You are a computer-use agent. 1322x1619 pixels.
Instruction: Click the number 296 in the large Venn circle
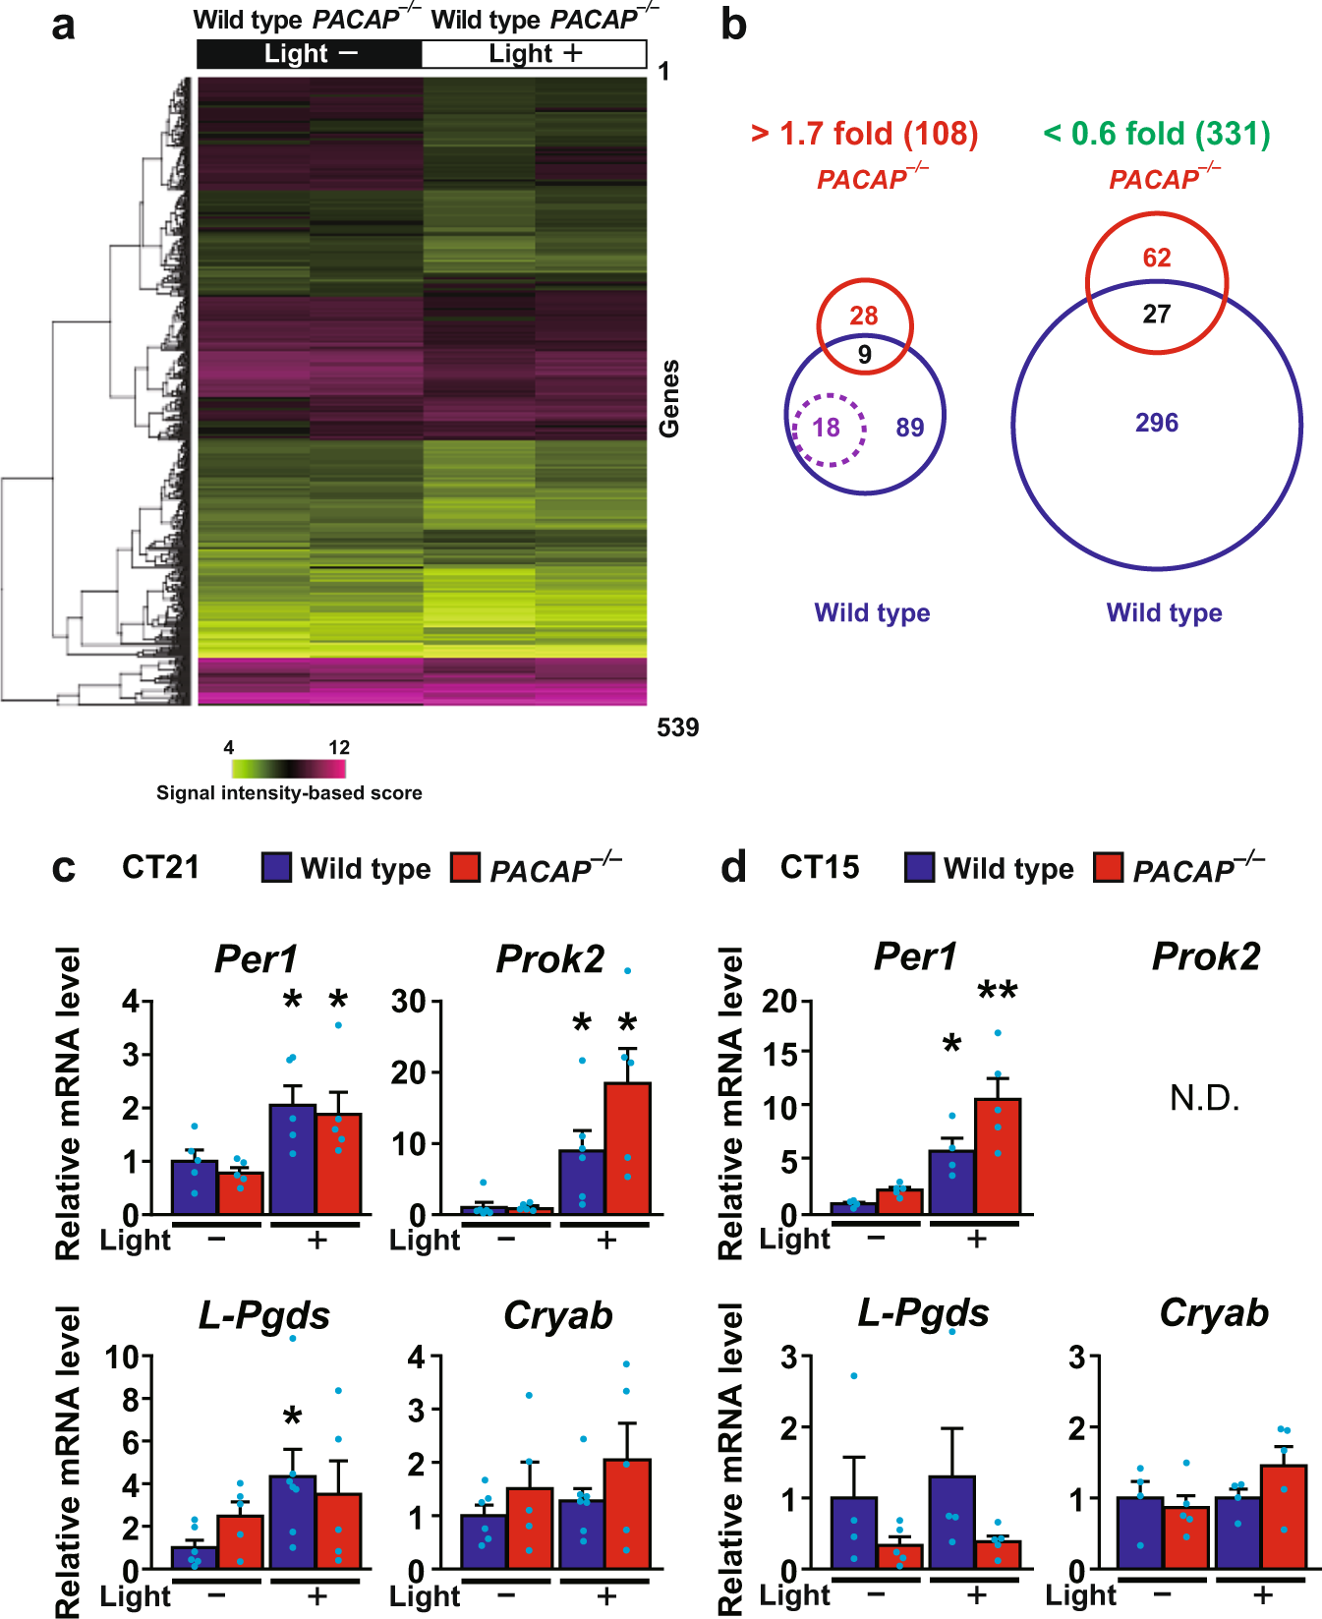click(x=1157, y=423)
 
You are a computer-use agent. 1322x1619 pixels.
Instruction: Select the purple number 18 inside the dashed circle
click(x=827, y=428)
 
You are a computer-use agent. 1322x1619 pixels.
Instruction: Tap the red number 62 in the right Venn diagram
click(x=1157, y=258)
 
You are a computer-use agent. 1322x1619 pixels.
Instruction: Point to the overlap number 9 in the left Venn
click(x=865, y=355)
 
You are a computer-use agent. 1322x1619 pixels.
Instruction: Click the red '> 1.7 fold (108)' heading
click(x=864, y=134)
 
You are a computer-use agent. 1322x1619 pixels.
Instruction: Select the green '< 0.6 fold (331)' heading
click(x=1157, y=134)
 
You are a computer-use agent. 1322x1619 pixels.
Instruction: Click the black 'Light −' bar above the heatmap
click(x=310, y=54)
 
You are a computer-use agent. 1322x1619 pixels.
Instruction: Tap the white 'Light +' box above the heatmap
click(x=535, y=54)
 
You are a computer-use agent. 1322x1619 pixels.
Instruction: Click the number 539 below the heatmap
click(x=677, y=727)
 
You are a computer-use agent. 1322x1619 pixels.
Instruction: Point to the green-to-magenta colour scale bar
click(x=289, y=769)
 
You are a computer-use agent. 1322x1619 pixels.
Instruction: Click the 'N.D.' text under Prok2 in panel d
click(x=1204, y=1098)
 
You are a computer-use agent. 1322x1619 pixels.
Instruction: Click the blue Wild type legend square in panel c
click(x=276, y=867)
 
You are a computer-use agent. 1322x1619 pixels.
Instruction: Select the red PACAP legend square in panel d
click(x=1109, y=867)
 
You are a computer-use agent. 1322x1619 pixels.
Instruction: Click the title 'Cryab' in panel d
click(x=1214, y=1313)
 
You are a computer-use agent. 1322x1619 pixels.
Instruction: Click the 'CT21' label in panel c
click(x=160, y=867)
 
